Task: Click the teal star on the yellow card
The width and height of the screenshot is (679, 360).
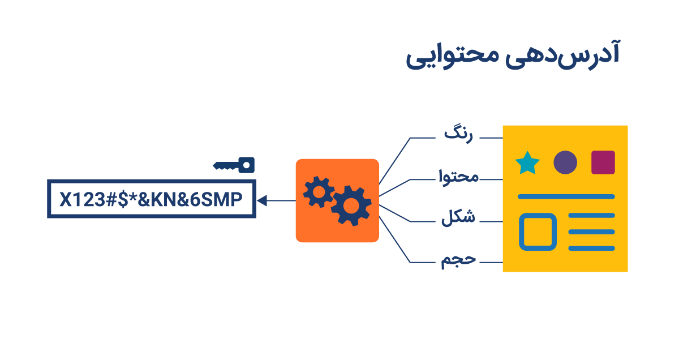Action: coord(527,163)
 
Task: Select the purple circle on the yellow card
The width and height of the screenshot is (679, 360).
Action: coord(565,162)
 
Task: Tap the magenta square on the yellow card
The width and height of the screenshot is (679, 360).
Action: coord(603,162)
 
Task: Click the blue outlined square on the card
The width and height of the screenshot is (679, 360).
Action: coord(538,232)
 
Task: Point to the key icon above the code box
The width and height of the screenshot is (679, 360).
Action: coord(234,165)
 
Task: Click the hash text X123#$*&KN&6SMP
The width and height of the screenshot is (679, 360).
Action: coord(151,199)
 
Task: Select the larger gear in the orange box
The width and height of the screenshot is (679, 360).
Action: coord(351,204)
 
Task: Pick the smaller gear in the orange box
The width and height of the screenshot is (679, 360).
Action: coord(319,192)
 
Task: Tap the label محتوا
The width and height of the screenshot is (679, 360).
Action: coord(459,177)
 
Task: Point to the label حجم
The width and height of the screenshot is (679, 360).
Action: coord(459,260)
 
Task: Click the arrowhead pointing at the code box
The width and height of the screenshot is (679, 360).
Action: coord(262,200)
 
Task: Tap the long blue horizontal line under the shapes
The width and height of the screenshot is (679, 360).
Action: coord(566,197)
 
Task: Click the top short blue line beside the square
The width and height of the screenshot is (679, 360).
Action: coord(591,216)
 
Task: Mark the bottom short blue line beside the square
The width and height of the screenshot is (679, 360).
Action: coord(591,248)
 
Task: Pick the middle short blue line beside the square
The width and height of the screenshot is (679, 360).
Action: coord(591,232)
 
